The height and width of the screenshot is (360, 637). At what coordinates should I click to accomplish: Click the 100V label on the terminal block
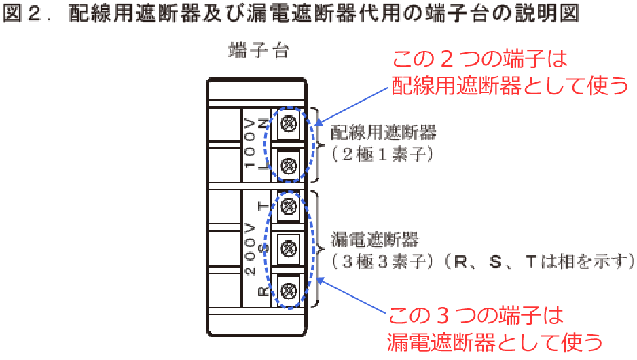(x=250, y=143)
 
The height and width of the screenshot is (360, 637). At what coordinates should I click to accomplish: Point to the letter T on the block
(x=263, y=206)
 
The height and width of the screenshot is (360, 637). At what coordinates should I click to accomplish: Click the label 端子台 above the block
(x=257, y=52)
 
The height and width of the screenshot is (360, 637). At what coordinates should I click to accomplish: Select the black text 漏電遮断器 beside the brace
(x=375, y=240)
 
